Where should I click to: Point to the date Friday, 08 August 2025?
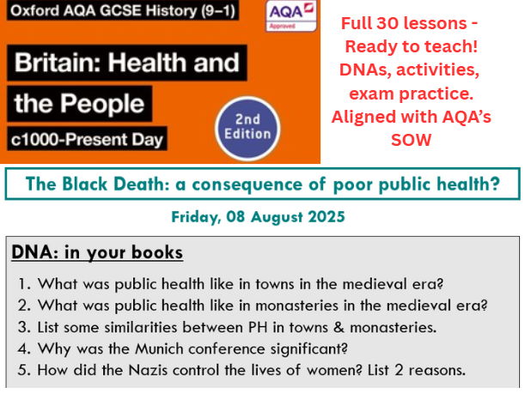tap(258, 217)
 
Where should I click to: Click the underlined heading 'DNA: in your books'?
tap(97, 252)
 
